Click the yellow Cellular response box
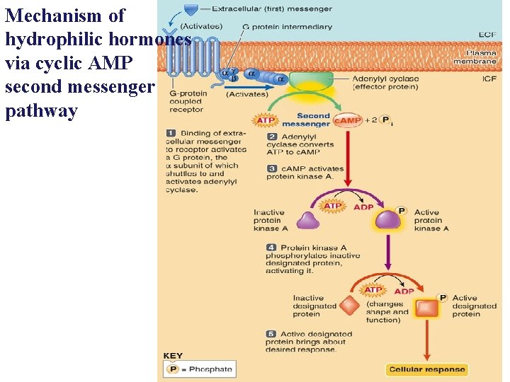[426, 369]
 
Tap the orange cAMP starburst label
[348, 121]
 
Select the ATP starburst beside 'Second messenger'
[266, 120]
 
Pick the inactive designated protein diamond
[348, 306]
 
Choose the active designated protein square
[427, 308]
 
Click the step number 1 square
[171, 133]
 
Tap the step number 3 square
[271, 168]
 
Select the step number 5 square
[271, 334]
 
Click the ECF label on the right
[487, 33]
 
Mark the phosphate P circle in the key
[172, 369]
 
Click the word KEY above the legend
[173, 356]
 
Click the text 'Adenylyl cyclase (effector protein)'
[385, 83]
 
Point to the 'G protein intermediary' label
[287, 27]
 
